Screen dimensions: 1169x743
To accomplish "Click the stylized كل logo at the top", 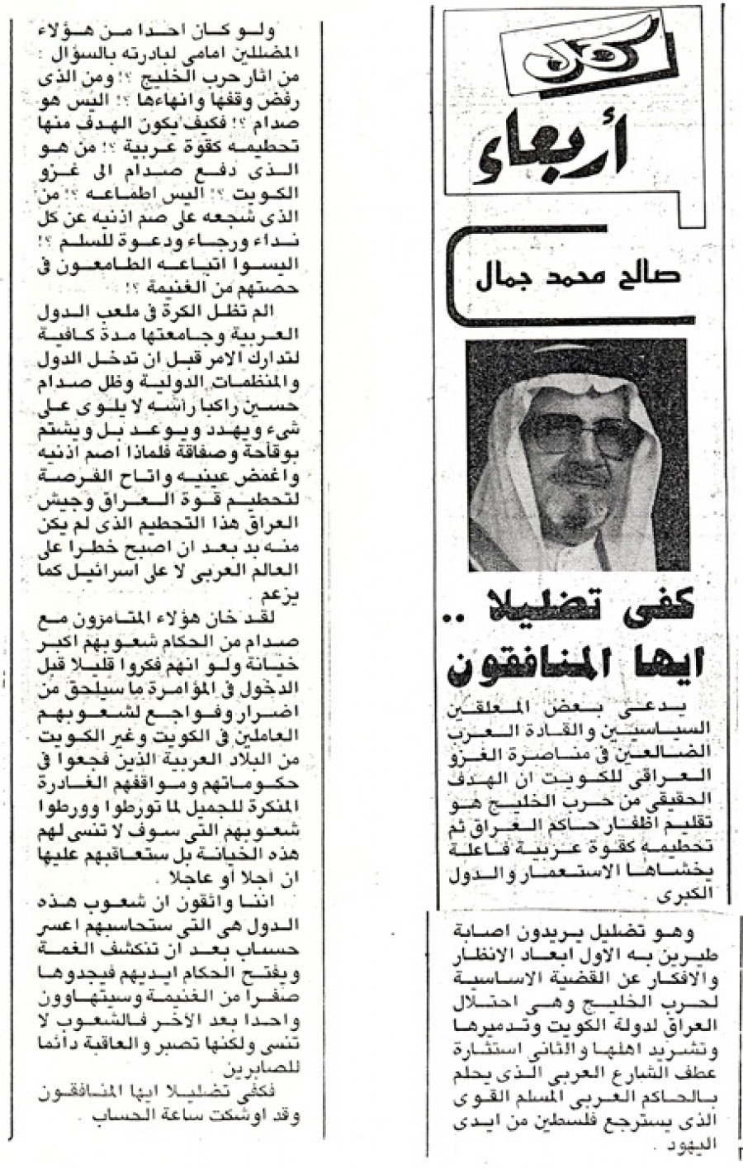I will tap(579, 48).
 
